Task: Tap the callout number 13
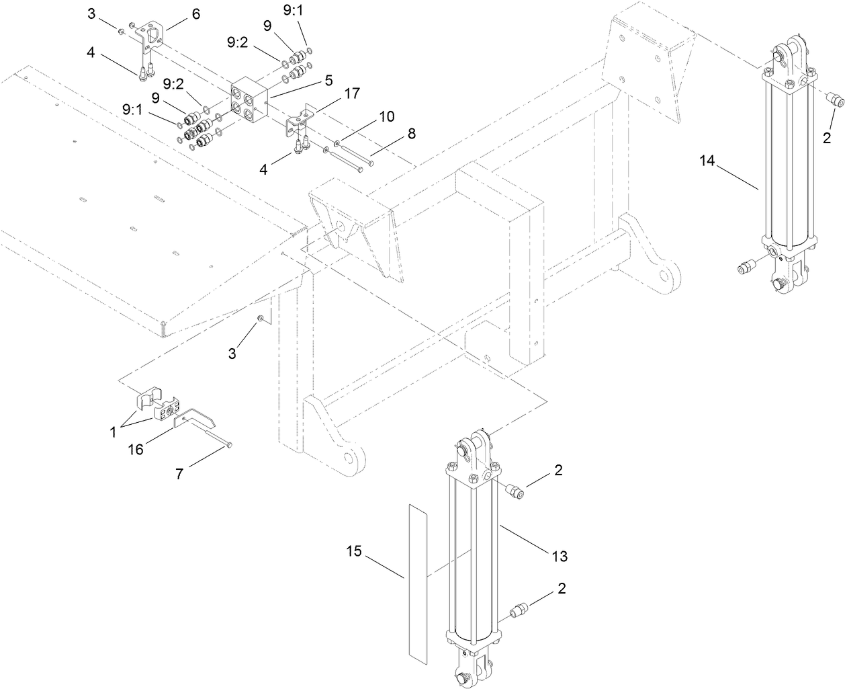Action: tap(560, 556)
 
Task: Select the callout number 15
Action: tap(354, 552)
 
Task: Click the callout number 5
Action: tap(328, 80)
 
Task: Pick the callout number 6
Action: tap(195, 14)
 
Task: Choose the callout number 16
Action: tap(136, 449)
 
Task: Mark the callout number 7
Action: tap(179, 474)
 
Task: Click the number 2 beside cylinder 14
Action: tap(827, 138)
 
